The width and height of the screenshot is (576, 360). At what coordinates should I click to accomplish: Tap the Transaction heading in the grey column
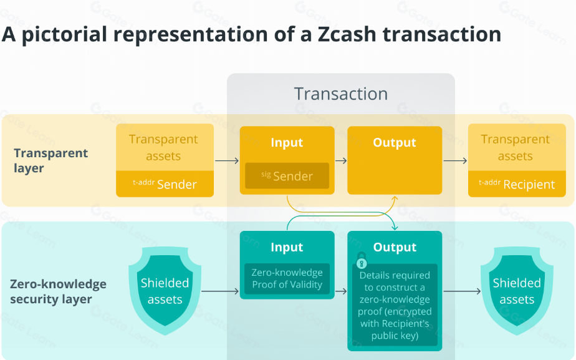340,94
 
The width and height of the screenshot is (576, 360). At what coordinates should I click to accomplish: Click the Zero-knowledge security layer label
58,291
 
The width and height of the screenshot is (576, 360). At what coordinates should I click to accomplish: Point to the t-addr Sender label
165,184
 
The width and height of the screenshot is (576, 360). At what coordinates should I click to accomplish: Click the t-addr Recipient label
516,184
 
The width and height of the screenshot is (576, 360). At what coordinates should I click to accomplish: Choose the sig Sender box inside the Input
287,176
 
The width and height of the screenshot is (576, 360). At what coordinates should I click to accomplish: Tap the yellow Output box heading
395,143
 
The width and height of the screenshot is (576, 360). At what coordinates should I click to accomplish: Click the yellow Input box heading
287,143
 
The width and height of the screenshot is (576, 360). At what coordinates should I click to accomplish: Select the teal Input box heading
287,248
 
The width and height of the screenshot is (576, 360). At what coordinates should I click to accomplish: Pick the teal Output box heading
395,248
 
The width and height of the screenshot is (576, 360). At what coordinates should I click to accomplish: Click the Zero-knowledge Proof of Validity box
287,279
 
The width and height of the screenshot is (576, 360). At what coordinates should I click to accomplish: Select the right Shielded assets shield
517,291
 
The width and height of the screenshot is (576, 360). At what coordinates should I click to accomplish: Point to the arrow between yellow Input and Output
341,161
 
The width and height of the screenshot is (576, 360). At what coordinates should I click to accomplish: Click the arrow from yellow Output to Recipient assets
455,161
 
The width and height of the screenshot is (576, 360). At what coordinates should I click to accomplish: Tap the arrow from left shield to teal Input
221,291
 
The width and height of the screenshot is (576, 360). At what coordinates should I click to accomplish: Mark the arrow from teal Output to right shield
462,291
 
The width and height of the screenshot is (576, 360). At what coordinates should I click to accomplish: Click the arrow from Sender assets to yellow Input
227,161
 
